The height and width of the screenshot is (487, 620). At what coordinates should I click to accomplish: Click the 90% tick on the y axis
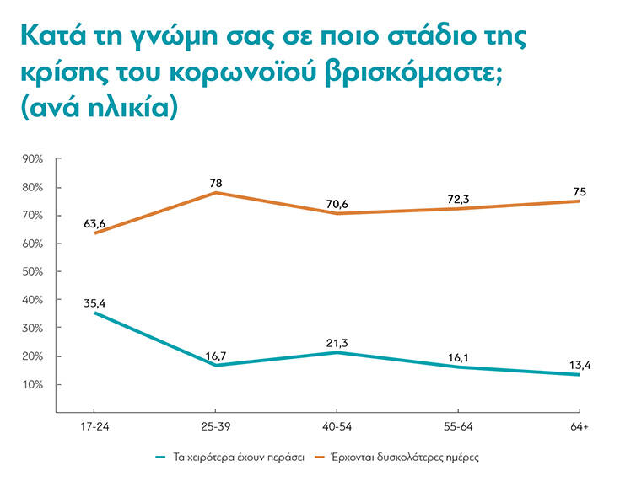33,158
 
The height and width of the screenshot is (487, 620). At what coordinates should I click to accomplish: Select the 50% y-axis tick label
33,271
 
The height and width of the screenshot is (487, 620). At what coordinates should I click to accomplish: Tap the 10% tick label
33,384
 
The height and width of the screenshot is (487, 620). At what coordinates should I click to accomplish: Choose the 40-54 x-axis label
337,428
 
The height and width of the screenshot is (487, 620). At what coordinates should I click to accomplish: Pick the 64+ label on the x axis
579,428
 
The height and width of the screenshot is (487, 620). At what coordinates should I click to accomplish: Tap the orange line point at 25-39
215,193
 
